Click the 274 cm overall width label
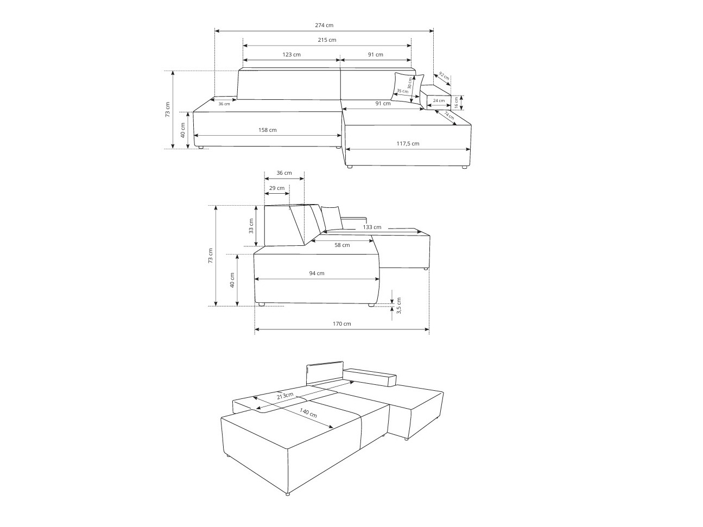coord(324,26)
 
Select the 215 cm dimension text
coord(327,40)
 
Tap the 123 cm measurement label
coord(292,54)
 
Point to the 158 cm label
coord(268,130)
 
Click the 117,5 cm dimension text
coord(408,144)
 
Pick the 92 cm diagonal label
coord(444,76)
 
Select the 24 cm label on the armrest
coord(439,100)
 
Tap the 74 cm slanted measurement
coord(449,116)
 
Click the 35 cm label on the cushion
coord(402,91)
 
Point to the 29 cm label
coord(277,188)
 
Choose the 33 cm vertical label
coord(251,226)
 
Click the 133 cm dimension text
coord(372,227)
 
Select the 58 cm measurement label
coord(342,245)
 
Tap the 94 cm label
coord(316,274)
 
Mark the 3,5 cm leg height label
coord(399,305)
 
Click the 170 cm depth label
coord(342,324)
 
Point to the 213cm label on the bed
coord(286,397)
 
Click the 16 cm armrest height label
coord(457,101)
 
